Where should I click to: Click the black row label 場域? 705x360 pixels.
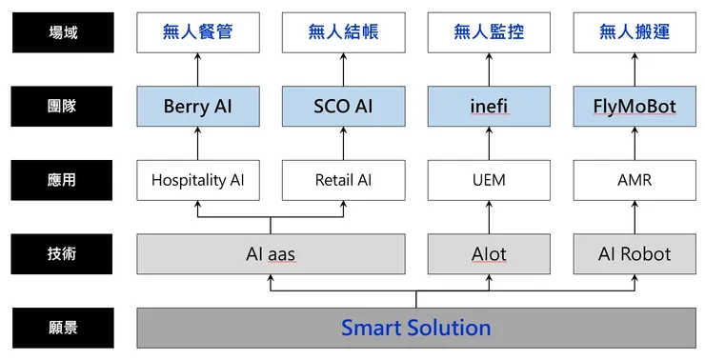pos(63,31)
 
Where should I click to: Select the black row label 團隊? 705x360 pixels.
pos(63,106)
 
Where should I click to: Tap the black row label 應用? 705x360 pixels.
pos(63,179)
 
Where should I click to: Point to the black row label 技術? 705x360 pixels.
pos(63,253)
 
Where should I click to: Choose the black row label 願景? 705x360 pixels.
pos(63,328)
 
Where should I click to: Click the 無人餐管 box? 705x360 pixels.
pos(198,32)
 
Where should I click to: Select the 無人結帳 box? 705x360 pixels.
pos(343,32)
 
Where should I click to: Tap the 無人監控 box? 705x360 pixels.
pos(489,32)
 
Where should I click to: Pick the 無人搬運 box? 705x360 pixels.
pos(634,32)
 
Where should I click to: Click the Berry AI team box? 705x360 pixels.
pos(198,106)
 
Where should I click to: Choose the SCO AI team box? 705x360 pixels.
pos(343,106)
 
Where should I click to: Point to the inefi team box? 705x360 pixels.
pos(489,106)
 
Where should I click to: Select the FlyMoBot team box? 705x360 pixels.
pos(634,106)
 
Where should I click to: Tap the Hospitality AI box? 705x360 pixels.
pos(198,179)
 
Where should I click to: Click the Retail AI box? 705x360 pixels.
pos(343,179)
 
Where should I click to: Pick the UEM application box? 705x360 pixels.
pos(489,179)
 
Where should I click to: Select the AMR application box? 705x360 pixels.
pos(634,179)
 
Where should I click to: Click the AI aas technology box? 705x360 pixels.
pos(271,253)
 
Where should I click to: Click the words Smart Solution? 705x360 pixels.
pos(416,328)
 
